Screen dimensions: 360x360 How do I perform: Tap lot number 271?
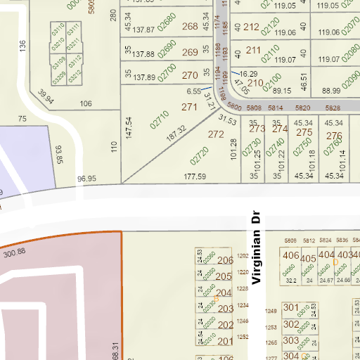[189, 108]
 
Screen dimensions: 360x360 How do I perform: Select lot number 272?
[217, 134]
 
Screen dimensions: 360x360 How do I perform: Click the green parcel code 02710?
[160, 119]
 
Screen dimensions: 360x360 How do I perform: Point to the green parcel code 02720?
[200, 154]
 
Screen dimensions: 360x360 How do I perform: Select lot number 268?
[190, 27]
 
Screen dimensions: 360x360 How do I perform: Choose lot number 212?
[251, 27]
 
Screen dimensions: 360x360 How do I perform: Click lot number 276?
[334, 136]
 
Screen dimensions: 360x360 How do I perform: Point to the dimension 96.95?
[86, 179]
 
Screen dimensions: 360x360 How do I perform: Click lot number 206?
[225, 261]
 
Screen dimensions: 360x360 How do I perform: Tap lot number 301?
[290, 307]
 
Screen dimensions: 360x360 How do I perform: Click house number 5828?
[333, 108]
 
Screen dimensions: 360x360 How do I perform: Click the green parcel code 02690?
[167, 51]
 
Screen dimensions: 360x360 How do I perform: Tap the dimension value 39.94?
[46, 95]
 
